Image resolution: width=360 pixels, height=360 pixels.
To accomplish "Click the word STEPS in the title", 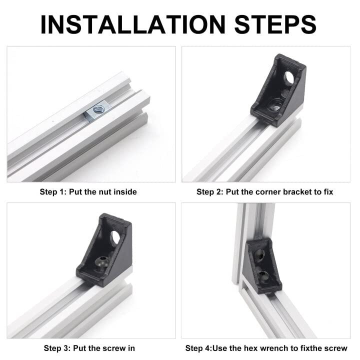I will (272, 23).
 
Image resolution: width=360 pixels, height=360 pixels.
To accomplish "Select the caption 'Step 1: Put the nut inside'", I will (88, 191).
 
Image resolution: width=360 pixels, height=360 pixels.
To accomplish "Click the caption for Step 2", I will (264, 191).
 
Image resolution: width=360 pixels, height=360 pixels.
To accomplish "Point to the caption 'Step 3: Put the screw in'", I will (89, 348).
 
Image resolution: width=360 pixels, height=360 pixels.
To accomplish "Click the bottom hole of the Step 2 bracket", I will (274, 104).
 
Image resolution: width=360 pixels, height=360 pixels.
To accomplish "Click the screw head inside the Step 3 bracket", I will (101, 261).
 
